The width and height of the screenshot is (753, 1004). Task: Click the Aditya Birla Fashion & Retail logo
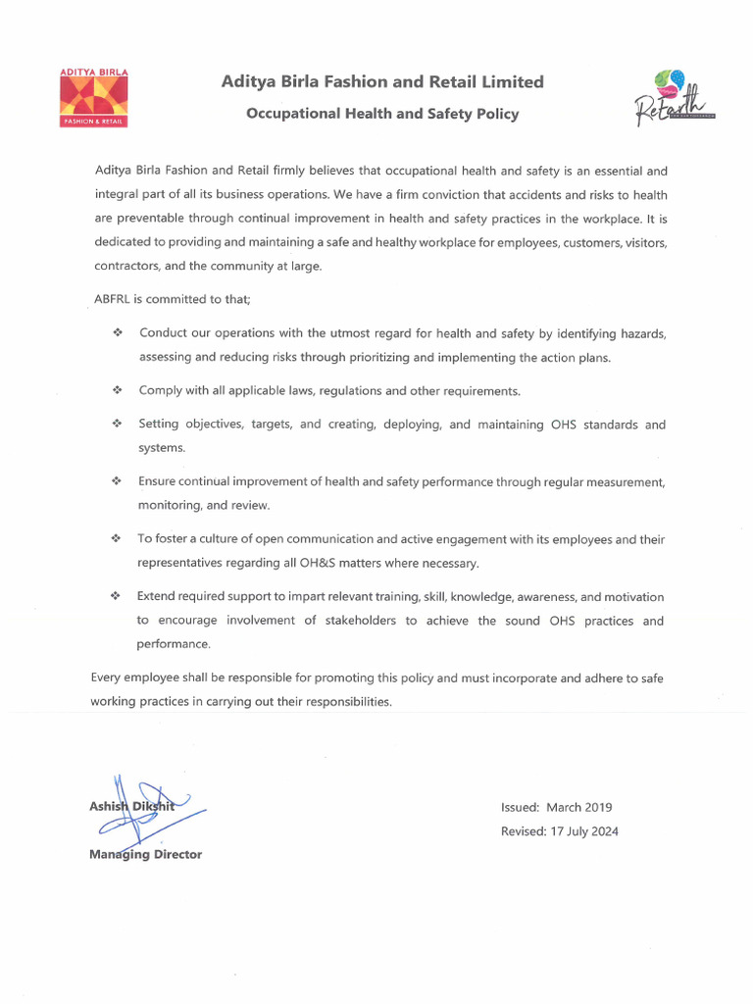(94, 99)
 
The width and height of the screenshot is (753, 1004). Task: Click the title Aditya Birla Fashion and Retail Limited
(382, 82)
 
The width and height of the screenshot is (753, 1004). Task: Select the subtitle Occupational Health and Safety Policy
(382, 114)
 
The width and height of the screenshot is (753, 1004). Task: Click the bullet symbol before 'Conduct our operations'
(117, 333)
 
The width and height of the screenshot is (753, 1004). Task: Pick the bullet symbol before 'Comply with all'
(117, 390)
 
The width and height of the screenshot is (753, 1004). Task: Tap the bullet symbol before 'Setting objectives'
(117, 425)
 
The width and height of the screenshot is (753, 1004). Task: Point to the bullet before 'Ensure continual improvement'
(117, 481)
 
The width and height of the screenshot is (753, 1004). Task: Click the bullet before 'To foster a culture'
(117, 539)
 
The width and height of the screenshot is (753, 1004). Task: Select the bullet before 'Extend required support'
(117, 596)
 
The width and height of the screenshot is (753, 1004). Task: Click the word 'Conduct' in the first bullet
(164, 333)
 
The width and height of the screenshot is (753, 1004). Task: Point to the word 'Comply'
(160, 390)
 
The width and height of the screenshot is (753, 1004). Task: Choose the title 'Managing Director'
(145, 854)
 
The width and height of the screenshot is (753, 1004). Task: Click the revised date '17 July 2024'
(582, 831)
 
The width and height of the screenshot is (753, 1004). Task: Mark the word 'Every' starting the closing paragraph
(107, 678)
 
